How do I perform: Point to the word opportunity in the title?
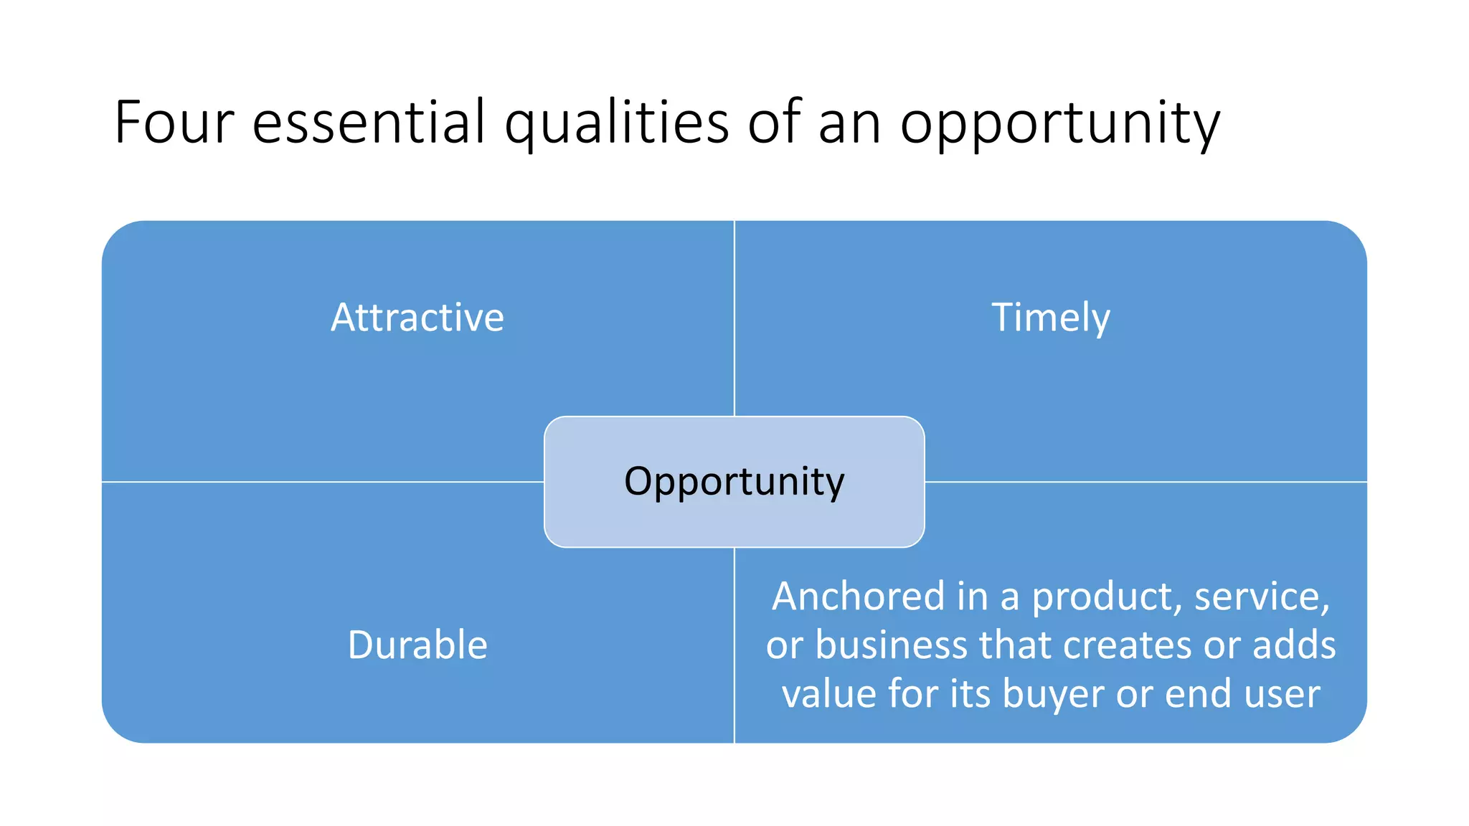click(x=1059, y=123)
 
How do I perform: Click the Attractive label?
click(x=417, y=317)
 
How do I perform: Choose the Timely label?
click(x=1051, y=318)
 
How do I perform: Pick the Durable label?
click(x=417, y=644)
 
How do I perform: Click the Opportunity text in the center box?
click(x=734, y=481)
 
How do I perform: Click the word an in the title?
click(x=849, y=123)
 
